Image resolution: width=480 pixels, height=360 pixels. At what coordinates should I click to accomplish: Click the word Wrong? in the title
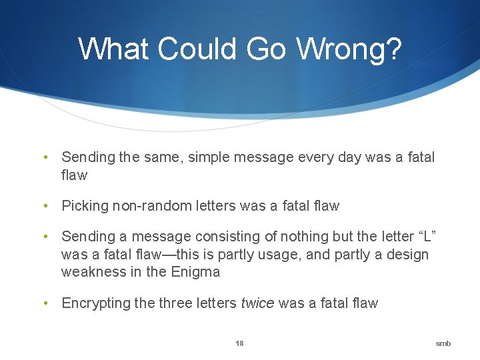point(349,49)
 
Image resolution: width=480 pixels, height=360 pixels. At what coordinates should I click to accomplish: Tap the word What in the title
point(114,49)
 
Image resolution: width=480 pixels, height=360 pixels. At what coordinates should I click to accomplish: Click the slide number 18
point(239,343)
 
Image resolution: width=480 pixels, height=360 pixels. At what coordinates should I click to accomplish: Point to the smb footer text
point(443,343)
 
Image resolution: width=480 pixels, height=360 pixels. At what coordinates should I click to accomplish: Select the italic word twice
point(257,303)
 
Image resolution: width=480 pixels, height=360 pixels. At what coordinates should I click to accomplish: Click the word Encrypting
point(96,303)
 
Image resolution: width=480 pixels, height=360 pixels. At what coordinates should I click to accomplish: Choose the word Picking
point(85,206)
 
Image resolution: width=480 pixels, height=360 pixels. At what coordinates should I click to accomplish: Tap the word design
point(407,255)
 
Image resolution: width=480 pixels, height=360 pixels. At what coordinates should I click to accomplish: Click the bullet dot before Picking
point(45,206)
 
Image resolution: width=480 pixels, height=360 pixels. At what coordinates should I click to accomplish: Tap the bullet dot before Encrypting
point(45,303)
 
